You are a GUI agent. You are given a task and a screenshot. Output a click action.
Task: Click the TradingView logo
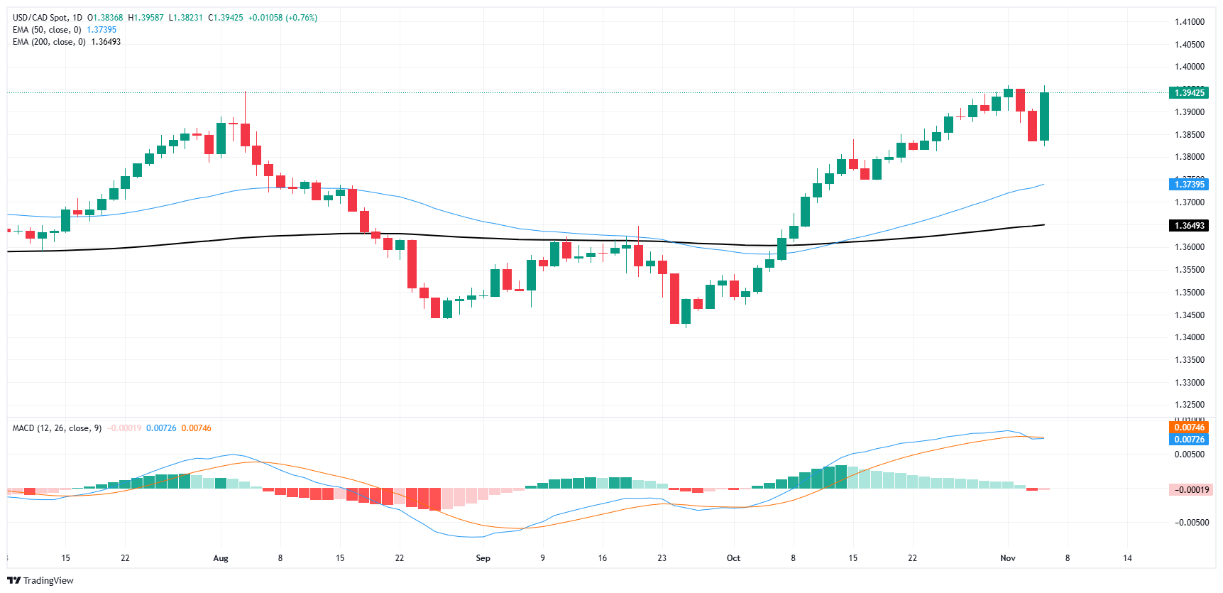pyautogui.click(x=40, y=580)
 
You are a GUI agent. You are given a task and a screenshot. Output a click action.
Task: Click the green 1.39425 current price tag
pyautogui.click(x=1189, y=93)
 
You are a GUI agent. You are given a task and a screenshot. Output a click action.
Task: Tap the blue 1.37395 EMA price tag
pyautogui.click(x=1189, y=185)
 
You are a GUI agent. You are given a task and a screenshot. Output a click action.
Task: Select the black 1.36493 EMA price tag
pyautogui.click(x=1189, y=226)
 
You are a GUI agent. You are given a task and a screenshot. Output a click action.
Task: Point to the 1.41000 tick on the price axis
pyautogui.click(x=1189, y=22)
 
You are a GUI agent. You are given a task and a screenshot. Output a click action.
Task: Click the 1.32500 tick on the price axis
pyautogui.click(x=1189, y=405)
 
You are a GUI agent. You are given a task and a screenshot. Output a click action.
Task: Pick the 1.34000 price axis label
pyautogui.click(x=1189, y=337)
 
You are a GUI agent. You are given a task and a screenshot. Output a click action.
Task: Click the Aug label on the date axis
pyautogui.click(x=221, y=558)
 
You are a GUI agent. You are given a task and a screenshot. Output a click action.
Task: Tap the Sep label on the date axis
pyautogui.click(x=483, y=558)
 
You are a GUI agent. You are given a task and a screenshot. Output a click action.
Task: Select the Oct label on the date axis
pyautogui.click(x=733, y=558)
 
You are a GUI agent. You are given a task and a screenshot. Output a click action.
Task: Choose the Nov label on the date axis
pyautogui.click(x=1008, y=558)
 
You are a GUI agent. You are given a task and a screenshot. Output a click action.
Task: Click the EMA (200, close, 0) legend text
pyautogui.click(x=49, y=42)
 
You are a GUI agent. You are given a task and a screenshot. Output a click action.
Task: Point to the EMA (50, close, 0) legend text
pyautogui.click(x=47, y=30)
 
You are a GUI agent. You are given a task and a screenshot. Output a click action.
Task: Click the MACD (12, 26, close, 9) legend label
pyautogui.click(x=57, y=428)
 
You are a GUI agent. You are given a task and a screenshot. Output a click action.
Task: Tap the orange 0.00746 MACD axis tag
pyautogui.click(x=1189, y=428)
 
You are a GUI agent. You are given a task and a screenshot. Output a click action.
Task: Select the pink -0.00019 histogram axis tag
pyautogui.click(x=1191, y=490)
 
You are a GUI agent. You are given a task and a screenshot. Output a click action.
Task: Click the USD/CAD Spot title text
pyautogui.click(x=37, y=18)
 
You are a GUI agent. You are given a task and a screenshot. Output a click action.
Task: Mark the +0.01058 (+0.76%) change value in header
pyautogui.click(x=283, y=18)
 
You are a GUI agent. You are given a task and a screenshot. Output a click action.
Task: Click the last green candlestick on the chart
pyautogui.click(x=1044, y=116)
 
